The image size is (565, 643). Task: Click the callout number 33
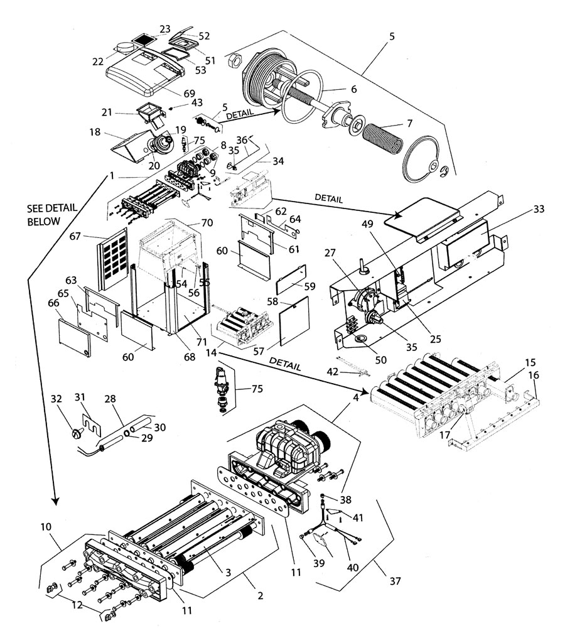pyautogui.click(x=539, y=209)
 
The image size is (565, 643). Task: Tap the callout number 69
pyautogui.click(x=190, y=94)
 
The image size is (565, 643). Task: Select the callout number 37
pyautogui.click(x=395, y=581)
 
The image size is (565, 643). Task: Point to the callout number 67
pyautogui.click(x=75, y=237)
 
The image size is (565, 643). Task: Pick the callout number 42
pyautogui.click(x=333, y=372)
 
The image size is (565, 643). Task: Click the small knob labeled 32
pyautogui.click(x=76, y=433)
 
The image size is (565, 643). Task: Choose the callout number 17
pyautogui.click(x=445, y=435)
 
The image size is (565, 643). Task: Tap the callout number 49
pyautogui.click(x=367, y=224)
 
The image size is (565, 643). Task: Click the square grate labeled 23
pyautogui.click(x=144, y=40)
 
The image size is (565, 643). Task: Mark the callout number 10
pyautogui.click(x=46, y=527)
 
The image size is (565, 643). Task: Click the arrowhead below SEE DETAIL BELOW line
pyautogui.click(x=55, y=500)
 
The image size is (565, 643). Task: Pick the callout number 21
pyautogui.click(x=107, y=112)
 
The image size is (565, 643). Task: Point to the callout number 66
pyautogui.click(x=53, y=303)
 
